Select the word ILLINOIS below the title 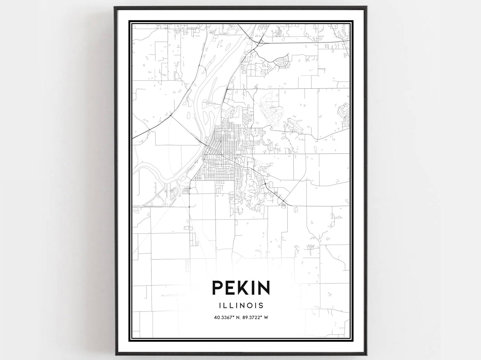241,305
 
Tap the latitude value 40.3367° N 226,318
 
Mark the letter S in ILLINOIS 261,305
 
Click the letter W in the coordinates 267,318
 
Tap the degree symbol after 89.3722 262,317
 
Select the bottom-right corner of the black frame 367,353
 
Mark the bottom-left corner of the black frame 115,353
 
